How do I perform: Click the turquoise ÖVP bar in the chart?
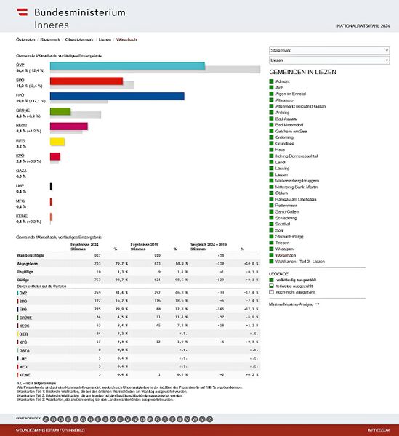click(x=127, y=66)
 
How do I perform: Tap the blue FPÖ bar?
click(x=116, y=96)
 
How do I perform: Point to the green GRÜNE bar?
click(x=60, y=111)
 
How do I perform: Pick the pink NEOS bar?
click(x=68, y=126)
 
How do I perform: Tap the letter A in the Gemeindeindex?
click(x=47, y=419)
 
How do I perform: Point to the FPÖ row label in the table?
click(x=25, y=308)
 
